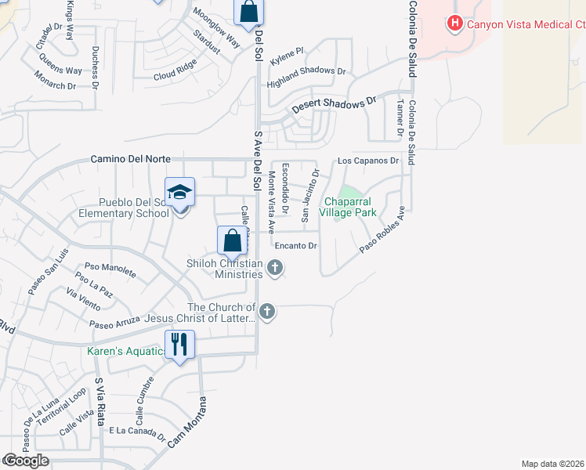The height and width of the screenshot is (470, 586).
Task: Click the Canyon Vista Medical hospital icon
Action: pyautogui.click(x=454, y=24)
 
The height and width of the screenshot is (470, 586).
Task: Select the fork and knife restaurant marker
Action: pyautogui.click(x=179, y=344)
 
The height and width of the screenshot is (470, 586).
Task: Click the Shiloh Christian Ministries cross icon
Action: pyautogui.click(x=274, y=269)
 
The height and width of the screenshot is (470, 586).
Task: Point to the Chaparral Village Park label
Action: pyautogui.click(x=351, y=207)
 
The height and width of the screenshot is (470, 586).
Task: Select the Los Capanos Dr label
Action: pyautogui.click(x=368, y=161)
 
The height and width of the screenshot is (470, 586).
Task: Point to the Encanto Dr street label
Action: pyautogui.click(x=295, y=246)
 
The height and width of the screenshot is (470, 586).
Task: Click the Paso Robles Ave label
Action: pyautogui.click(x=382, y=230)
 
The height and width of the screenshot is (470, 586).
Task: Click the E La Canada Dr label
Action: pyautogui.click(x=137, y=432)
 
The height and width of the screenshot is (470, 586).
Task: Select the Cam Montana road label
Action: pyautogui.click(x=188, y=424)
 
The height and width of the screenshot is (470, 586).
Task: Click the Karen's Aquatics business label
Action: pyautogui.click(x=125, y=351)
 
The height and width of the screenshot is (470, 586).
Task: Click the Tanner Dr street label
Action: pyautogui.click(x=400, y=114)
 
